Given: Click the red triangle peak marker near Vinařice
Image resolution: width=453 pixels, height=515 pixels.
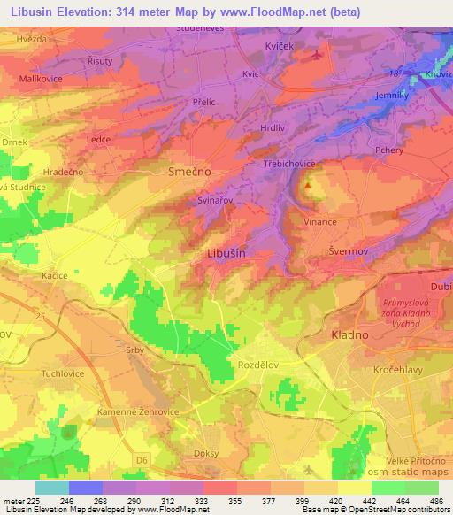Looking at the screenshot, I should click(308, 186).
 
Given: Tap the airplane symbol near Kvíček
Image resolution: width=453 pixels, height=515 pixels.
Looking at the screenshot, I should click(318, 55).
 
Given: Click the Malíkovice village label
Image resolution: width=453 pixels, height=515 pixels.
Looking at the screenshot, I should click(35, 79).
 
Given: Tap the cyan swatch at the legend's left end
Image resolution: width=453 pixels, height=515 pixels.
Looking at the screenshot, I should click(51, 488).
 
